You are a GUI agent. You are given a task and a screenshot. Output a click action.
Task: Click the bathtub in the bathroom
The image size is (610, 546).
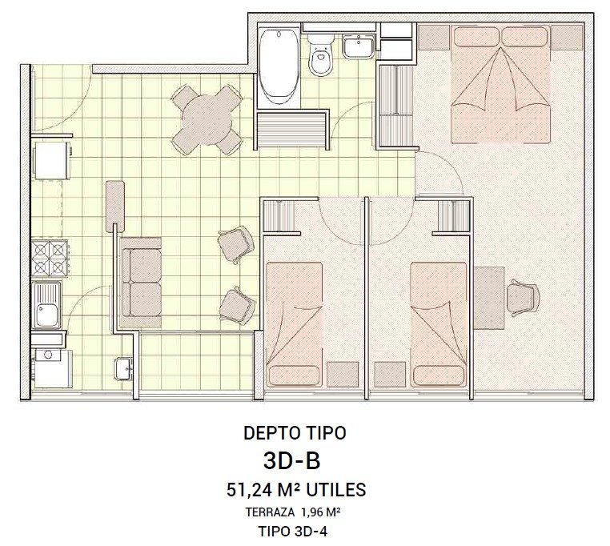pos(279,67)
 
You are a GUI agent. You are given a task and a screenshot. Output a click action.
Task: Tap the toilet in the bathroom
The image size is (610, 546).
pos(321,54)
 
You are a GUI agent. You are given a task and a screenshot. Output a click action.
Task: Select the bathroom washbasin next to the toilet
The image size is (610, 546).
pos(359,46)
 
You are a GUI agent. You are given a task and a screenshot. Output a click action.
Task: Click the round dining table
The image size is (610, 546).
pos(207,120)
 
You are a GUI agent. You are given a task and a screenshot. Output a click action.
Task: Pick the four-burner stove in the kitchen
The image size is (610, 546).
pos(50,259)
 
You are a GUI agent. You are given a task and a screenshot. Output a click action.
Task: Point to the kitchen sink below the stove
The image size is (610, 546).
pos(47,306)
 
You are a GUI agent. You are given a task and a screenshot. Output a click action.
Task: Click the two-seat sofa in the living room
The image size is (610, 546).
pos(141,282)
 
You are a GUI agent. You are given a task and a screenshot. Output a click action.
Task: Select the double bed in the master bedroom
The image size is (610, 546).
pos(500,84)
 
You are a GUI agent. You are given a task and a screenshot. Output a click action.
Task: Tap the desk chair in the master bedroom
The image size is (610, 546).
pos(523,298)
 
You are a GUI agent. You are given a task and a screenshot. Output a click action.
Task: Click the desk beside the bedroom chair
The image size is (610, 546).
pos(489,298)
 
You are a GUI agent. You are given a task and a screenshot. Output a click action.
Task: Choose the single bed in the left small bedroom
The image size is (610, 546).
pos(295,324)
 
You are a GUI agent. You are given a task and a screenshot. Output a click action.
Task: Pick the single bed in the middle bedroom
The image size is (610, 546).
pos(439,324)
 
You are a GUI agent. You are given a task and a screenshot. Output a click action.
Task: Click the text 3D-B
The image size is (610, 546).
pos(291,461)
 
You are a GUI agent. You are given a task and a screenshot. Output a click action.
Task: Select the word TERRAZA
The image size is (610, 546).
pos(270,512)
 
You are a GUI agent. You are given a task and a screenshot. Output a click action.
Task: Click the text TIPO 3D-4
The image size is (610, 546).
pos(292,532)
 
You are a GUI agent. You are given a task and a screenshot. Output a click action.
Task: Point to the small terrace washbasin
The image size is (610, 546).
pos(124,368)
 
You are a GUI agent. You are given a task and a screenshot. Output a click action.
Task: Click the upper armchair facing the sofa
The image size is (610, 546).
pos(235,244)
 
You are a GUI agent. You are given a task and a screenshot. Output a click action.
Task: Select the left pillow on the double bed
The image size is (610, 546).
pos(476,36)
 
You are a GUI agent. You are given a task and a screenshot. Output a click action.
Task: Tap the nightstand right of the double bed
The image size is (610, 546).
pos(568,38)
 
